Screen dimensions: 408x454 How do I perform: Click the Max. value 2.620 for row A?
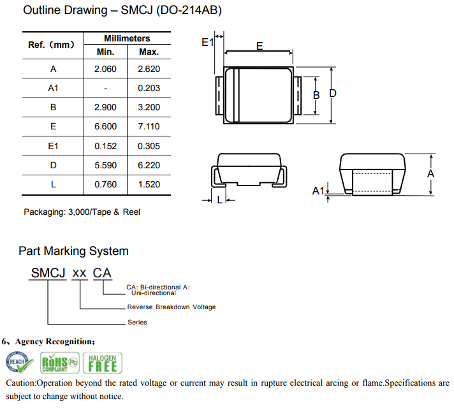149,69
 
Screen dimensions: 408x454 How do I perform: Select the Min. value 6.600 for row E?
105,126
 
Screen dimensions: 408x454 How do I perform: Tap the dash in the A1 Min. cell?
105,89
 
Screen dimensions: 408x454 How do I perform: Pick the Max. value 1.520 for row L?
149,184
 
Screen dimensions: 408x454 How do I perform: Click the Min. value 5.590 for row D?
105,165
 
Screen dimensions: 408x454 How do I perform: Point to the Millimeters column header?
127,39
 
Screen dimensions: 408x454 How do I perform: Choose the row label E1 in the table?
53,146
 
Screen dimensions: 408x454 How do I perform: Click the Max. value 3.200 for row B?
149,108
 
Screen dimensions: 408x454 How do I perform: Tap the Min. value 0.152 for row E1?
105,146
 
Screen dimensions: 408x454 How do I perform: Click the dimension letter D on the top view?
333,94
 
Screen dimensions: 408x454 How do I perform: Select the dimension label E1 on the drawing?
207,43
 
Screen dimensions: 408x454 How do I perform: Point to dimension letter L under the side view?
219,200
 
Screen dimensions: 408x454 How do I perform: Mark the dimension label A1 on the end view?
318,191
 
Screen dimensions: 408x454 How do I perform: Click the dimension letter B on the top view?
316,95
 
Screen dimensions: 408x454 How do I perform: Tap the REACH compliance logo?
18,363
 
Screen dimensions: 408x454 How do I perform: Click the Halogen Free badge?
102,363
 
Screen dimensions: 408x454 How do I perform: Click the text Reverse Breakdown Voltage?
171,307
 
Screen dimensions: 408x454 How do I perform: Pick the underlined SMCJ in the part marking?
48,273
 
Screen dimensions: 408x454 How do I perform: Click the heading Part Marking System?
73,251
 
